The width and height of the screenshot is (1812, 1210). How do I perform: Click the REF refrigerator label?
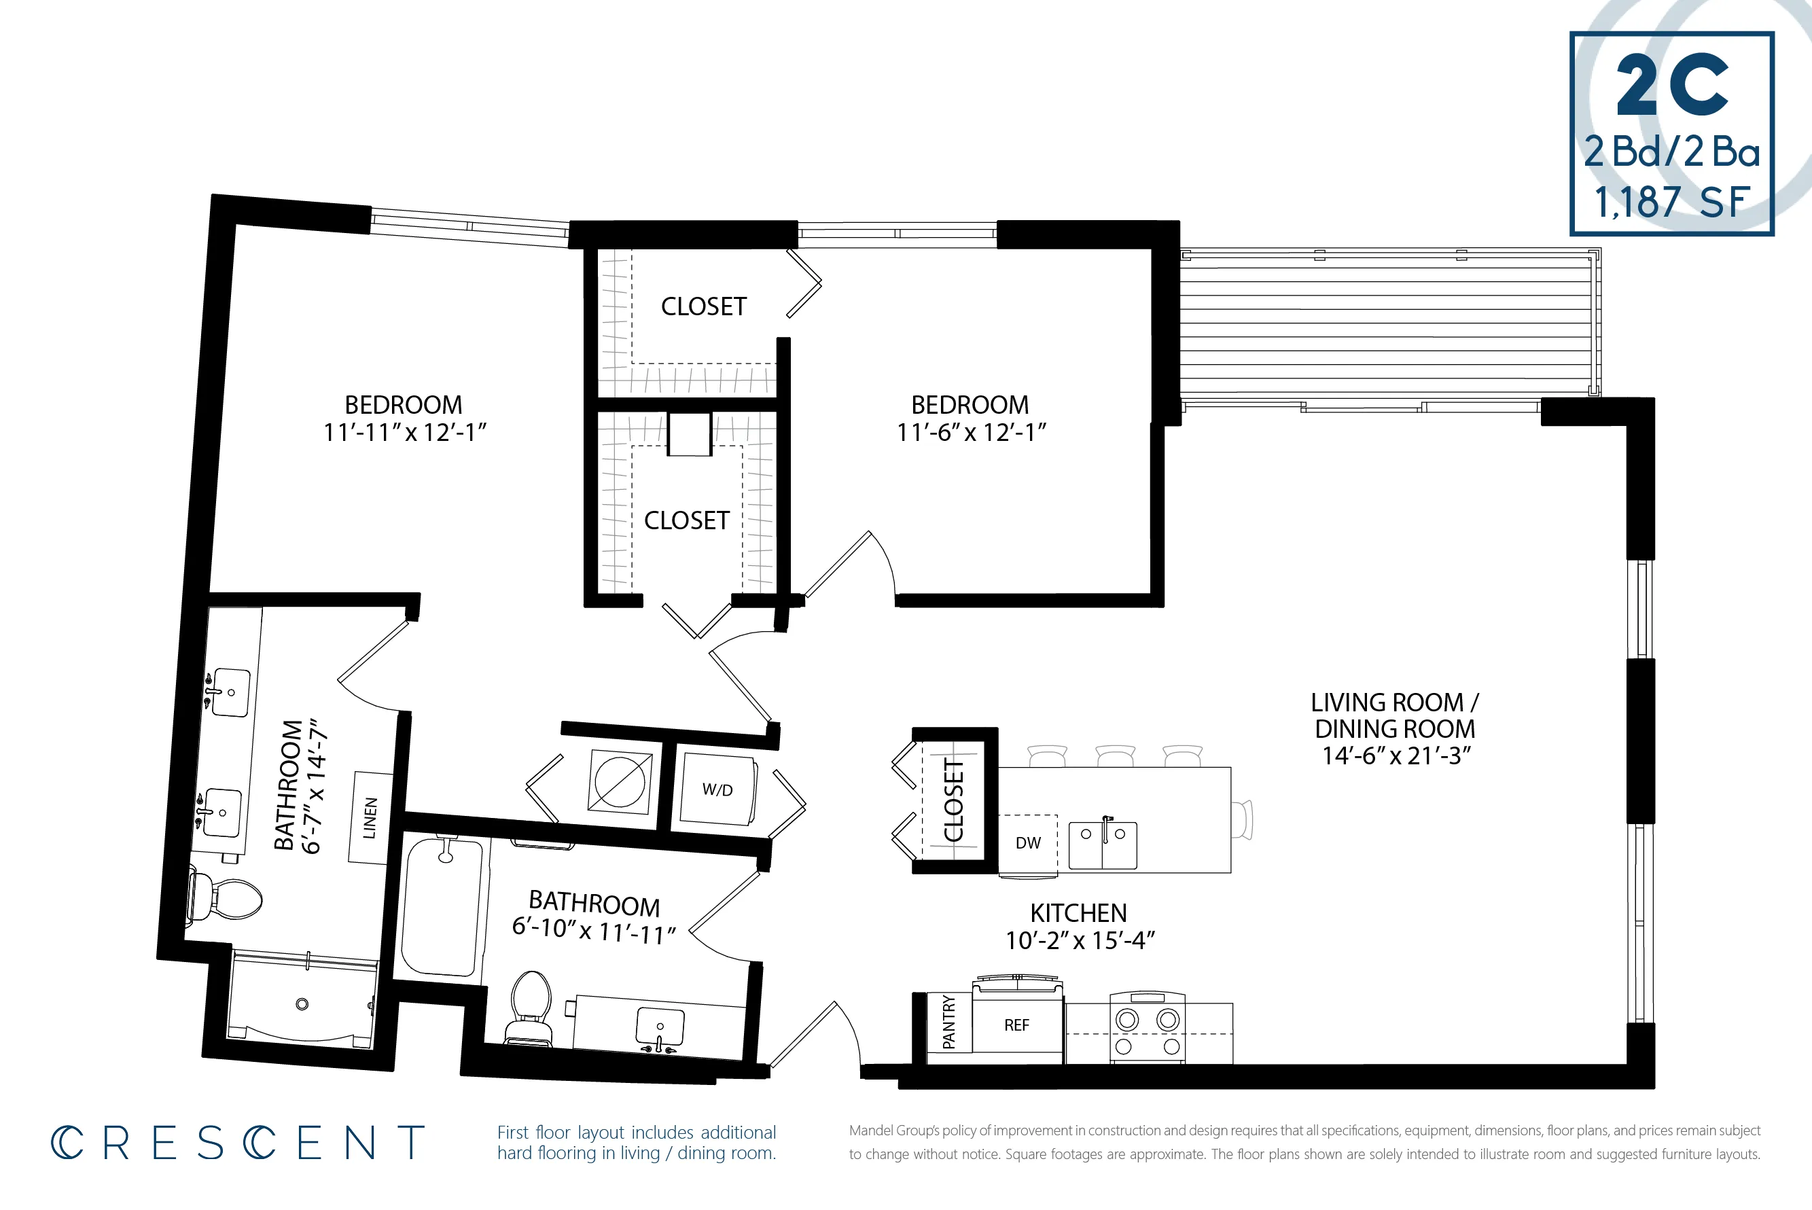(1016, 1025)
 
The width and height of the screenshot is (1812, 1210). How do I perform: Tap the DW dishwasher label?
(1028, 842)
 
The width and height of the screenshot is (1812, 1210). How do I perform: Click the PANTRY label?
(948, 1022)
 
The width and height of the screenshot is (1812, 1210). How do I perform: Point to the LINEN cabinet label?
(370, 818)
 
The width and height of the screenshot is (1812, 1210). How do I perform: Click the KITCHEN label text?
(1078, 913)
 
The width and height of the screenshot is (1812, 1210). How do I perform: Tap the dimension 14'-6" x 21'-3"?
(1396, 755)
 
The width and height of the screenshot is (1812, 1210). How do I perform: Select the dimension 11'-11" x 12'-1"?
(404, 432)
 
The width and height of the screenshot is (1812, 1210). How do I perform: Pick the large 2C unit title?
(1671, 85)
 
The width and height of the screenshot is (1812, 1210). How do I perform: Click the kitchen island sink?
(1102, 845)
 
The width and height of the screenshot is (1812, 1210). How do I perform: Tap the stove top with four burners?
(1147, 1029)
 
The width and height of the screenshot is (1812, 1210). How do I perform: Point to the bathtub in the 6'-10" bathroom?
(443, 908)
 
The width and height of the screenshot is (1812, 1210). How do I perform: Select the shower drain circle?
(302, 1004)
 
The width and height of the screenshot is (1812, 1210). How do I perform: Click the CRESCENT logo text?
(238, 1143)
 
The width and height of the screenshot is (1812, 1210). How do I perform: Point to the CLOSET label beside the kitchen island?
(954, 800)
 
